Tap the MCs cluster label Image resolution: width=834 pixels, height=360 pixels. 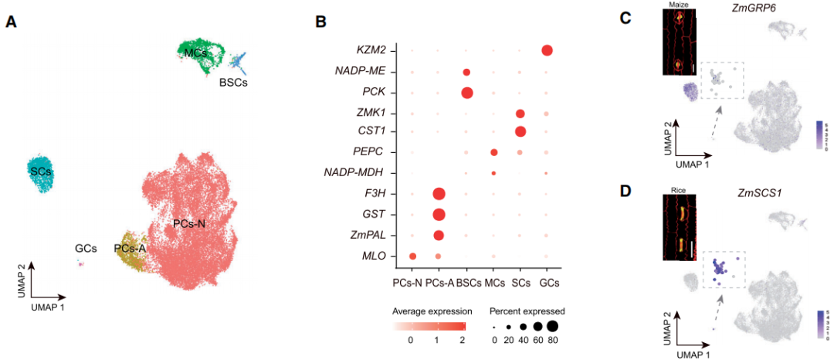point(195,53)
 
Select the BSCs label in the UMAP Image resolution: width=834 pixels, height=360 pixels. point(233,82)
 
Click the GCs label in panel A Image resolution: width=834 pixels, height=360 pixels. point(86,248)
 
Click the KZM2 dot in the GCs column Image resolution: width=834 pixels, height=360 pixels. point(547,51)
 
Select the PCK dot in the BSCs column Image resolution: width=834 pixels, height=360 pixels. point(466,93)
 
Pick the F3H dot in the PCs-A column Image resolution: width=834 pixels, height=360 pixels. point(439,193)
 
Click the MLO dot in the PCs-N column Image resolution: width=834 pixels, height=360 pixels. point(412,256)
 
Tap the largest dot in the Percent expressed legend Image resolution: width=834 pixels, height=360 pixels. point(553,327)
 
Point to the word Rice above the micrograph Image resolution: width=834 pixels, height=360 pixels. point(680,187)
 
